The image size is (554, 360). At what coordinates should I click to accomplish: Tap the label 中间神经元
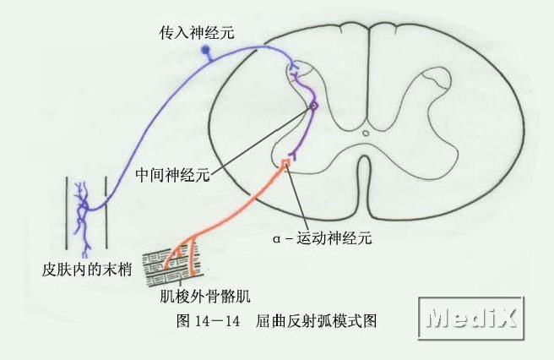(172, 176)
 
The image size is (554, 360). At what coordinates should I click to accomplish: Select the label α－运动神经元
(322, 238)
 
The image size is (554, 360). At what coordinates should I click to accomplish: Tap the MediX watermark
(473, 319)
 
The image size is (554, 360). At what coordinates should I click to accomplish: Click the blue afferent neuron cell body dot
(205, 51)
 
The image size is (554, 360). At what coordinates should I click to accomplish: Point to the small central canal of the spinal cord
(366, 133)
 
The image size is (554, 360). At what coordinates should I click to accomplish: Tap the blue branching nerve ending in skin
(85, 211)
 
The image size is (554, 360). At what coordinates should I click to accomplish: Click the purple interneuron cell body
(313, 106)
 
